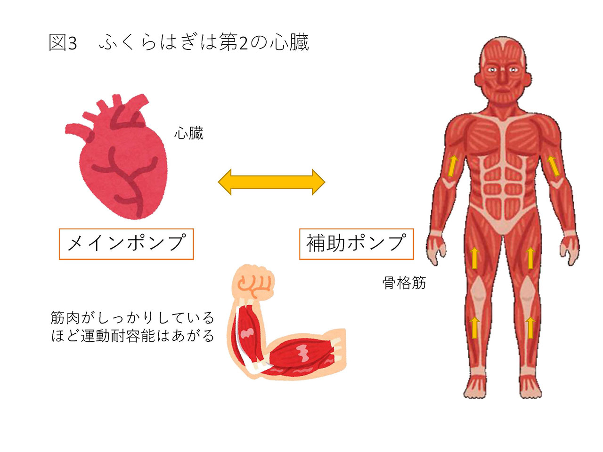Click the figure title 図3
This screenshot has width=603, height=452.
[x=63, y=43]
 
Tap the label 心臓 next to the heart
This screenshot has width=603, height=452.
[x=189, y=133]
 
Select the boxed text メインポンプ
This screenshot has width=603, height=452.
[x=126, y=243]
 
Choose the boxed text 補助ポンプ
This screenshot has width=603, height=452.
[x=356, y=243]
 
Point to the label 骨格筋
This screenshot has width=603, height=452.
[x=404, y=283]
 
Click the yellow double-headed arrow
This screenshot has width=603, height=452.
[x=271, y=182]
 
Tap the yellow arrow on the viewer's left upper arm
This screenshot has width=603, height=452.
[x=452, y=165]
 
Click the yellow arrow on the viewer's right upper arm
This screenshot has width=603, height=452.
[x=554, y=165]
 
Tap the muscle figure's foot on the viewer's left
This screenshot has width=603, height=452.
[x=475, y=387]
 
